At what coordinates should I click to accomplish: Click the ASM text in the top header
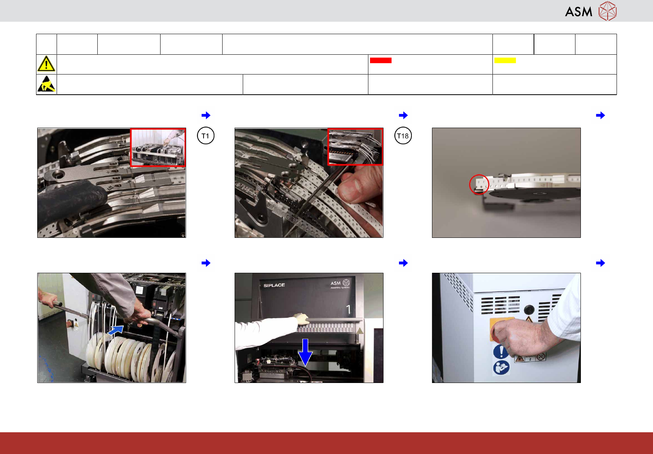point(579,12)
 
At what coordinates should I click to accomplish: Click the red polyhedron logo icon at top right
point(608,11)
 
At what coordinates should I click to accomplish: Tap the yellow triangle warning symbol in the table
point(46,64)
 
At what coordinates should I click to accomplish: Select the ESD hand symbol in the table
point(46,84)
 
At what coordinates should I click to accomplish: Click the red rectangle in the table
point(381,61)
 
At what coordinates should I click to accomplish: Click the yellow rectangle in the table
point(505,61)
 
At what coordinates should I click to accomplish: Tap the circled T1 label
point(206,136)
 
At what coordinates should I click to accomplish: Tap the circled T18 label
point(403,136)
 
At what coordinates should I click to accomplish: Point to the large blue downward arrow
point(305,352)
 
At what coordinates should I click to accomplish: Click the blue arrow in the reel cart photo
point(116,331)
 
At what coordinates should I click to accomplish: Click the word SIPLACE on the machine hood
point(274,285)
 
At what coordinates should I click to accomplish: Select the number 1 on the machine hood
point(348,309)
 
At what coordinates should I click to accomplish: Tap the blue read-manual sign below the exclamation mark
point(501,367)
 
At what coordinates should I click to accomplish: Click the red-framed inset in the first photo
point(158,147)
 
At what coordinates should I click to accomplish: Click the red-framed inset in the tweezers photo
point(355,147)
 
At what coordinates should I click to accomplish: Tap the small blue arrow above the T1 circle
point(206,115)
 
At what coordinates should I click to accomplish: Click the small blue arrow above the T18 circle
point(403,115)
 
